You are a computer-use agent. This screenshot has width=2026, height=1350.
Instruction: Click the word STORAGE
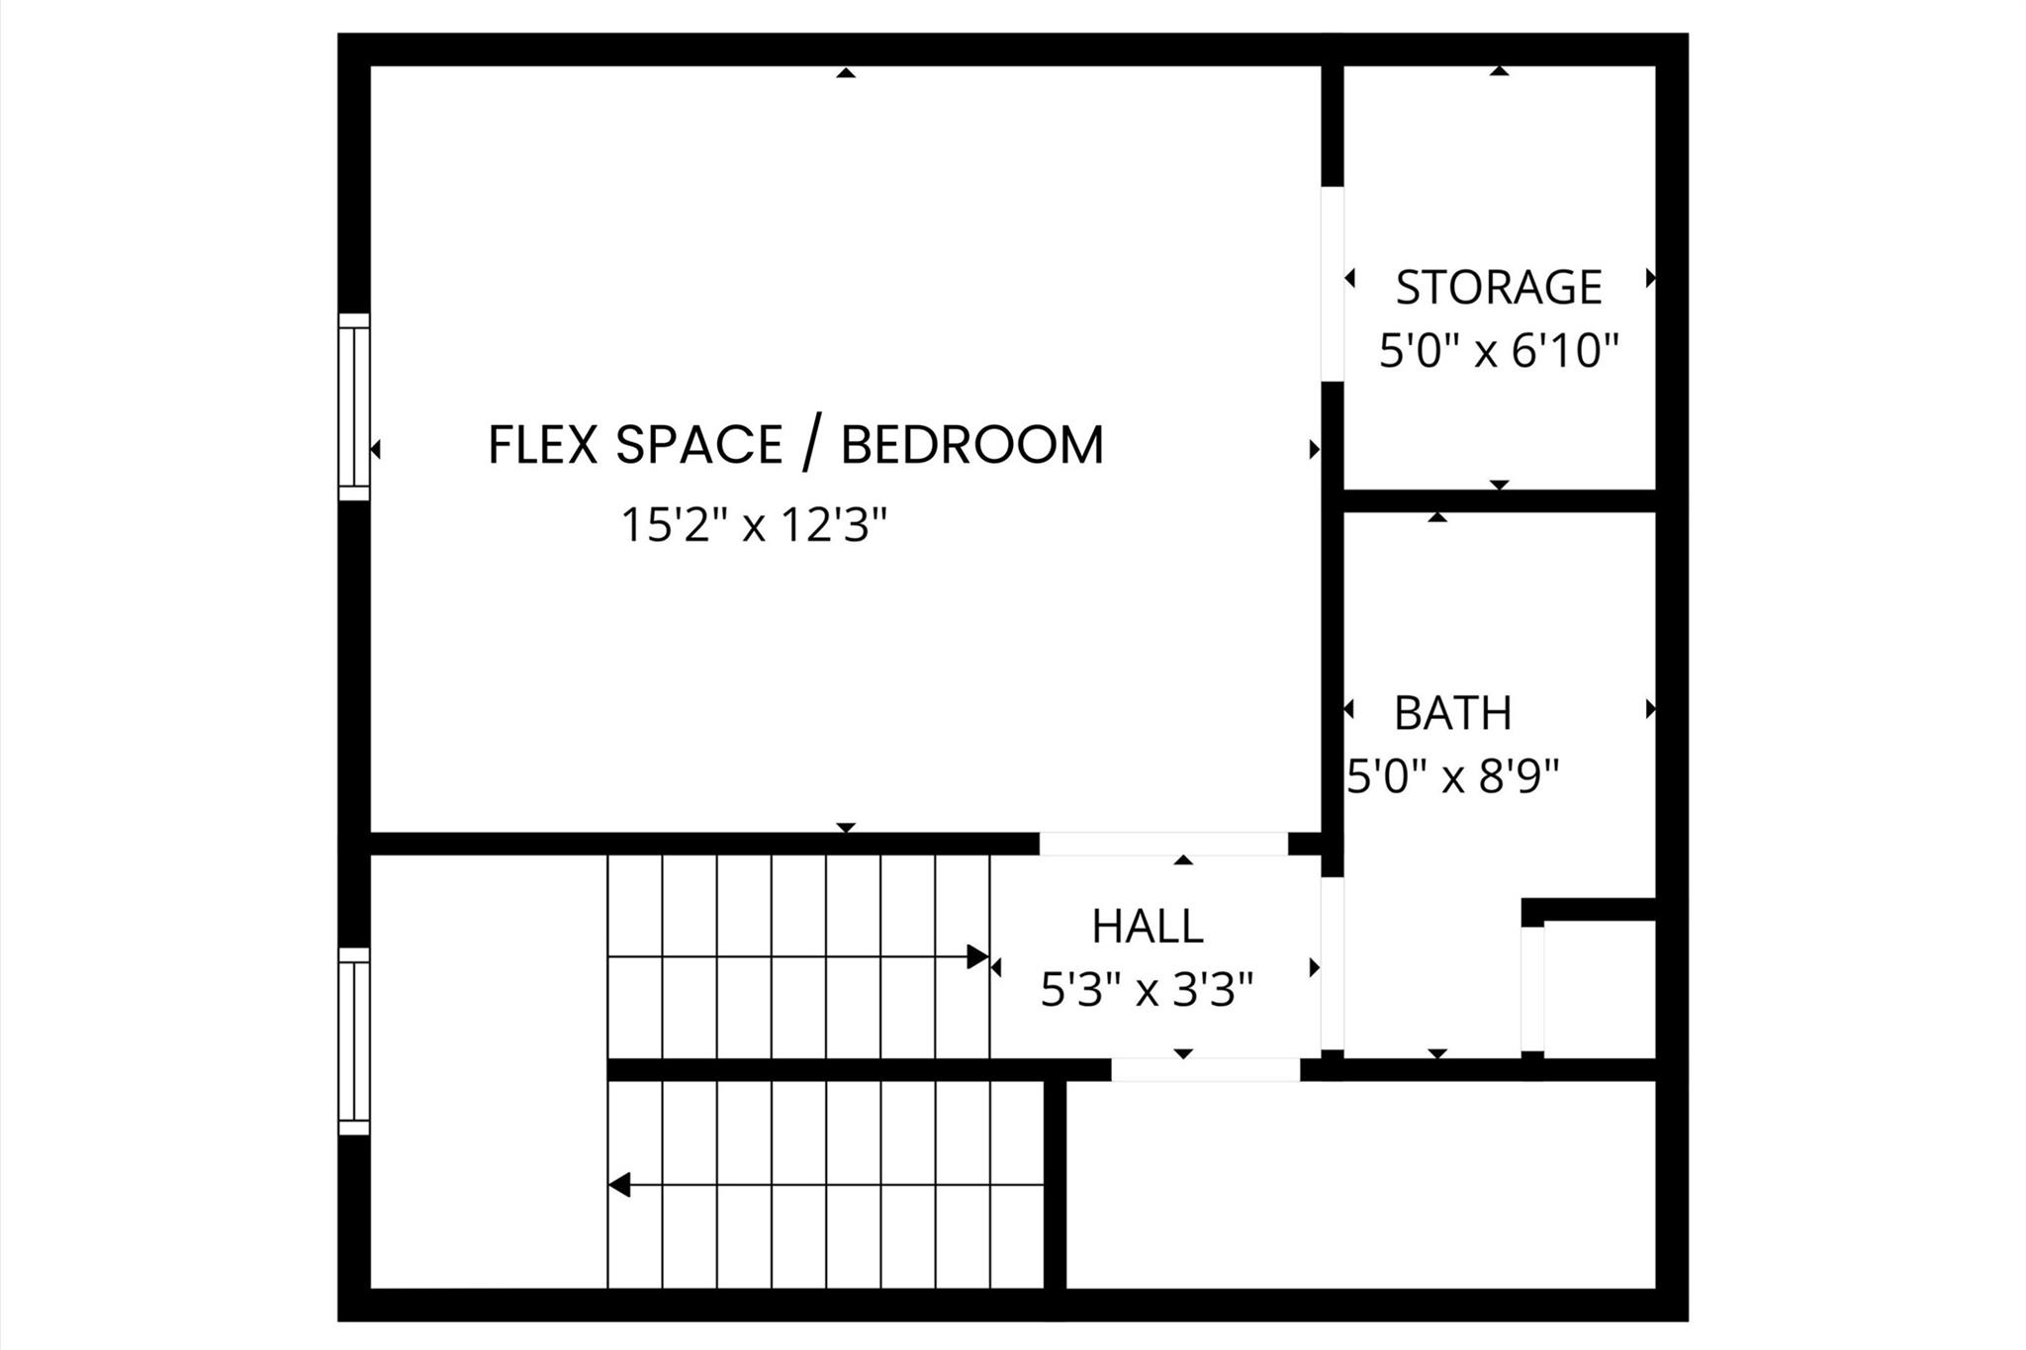tap(1498, 288)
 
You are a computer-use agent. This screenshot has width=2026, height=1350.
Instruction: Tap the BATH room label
tap(1452, 713)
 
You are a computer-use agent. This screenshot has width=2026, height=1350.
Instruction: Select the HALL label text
tap(1147, 927)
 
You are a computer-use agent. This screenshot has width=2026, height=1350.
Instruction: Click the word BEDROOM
tap(971, 444)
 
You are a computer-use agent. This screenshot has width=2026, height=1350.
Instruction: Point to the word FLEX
tap(543, 444)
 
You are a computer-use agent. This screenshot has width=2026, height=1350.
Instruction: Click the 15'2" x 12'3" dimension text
tap(754, 525)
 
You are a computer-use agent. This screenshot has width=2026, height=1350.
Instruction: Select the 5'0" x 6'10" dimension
tap(1498, 351)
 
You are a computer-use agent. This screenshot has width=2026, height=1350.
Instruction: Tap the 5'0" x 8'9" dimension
tap(1452, 777)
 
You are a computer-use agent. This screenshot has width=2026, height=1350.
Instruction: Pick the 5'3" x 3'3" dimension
tap(1147, 989)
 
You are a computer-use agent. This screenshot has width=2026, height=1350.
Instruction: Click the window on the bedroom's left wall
tap(354, 406)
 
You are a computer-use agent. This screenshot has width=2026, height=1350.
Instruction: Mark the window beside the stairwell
tap(354, 1040)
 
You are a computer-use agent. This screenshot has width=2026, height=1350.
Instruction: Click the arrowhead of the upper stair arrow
tap(977, 956)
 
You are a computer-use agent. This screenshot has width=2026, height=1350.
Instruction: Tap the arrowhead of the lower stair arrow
tap(620, 1184)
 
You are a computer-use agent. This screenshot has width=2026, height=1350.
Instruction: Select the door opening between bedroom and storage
tap(1333, 284)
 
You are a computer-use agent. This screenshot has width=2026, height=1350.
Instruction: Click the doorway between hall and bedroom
tap(1162, 844)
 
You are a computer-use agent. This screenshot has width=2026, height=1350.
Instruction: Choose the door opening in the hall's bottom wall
tap(1205, 1069)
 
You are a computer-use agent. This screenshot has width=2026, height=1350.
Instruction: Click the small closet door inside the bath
tap(1531, 989)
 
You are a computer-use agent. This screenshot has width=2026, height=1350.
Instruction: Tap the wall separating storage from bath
tap(1498, 500)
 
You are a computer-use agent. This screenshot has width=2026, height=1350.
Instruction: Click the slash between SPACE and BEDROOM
tap(810, 444)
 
